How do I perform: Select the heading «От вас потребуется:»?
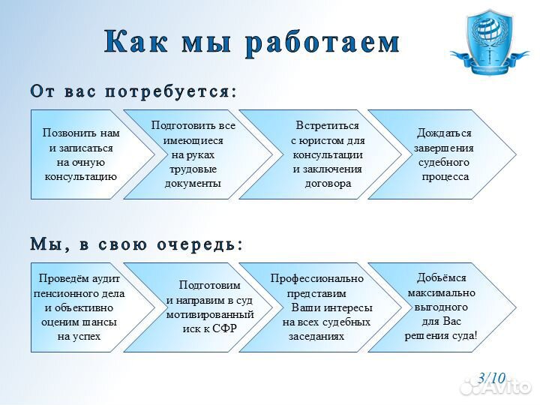point(133,91)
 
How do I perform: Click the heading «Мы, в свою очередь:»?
point(136,244)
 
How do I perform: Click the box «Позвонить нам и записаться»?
point(79,154)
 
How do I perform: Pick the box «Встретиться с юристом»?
point(326,154)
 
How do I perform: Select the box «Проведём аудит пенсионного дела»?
point(79,307)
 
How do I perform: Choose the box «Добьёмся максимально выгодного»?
point(442,307)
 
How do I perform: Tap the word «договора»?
point(328,183)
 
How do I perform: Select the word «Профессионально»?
point(317,278)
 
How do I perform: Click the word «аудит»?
point(106,279)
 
